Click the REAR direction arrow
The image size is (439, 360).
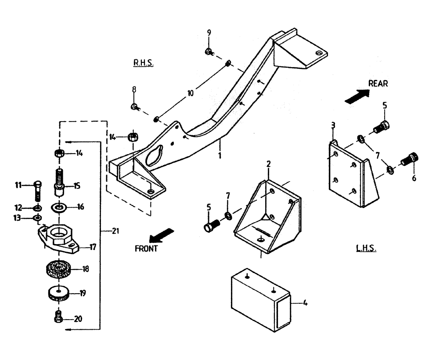tap(356, 96)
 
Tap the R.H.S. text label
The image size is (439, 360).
tap(143, 63)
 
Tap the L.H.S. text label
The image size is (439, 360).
tap(366, 249)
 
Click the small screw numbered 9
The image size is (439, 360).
tap(209, 51)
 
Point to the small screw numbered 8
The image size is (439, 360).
tap(135, 107)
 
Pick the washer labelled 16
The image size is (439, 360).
tap(59, 206)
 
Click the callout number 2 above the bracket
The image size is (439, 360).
tap(269, 164)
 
